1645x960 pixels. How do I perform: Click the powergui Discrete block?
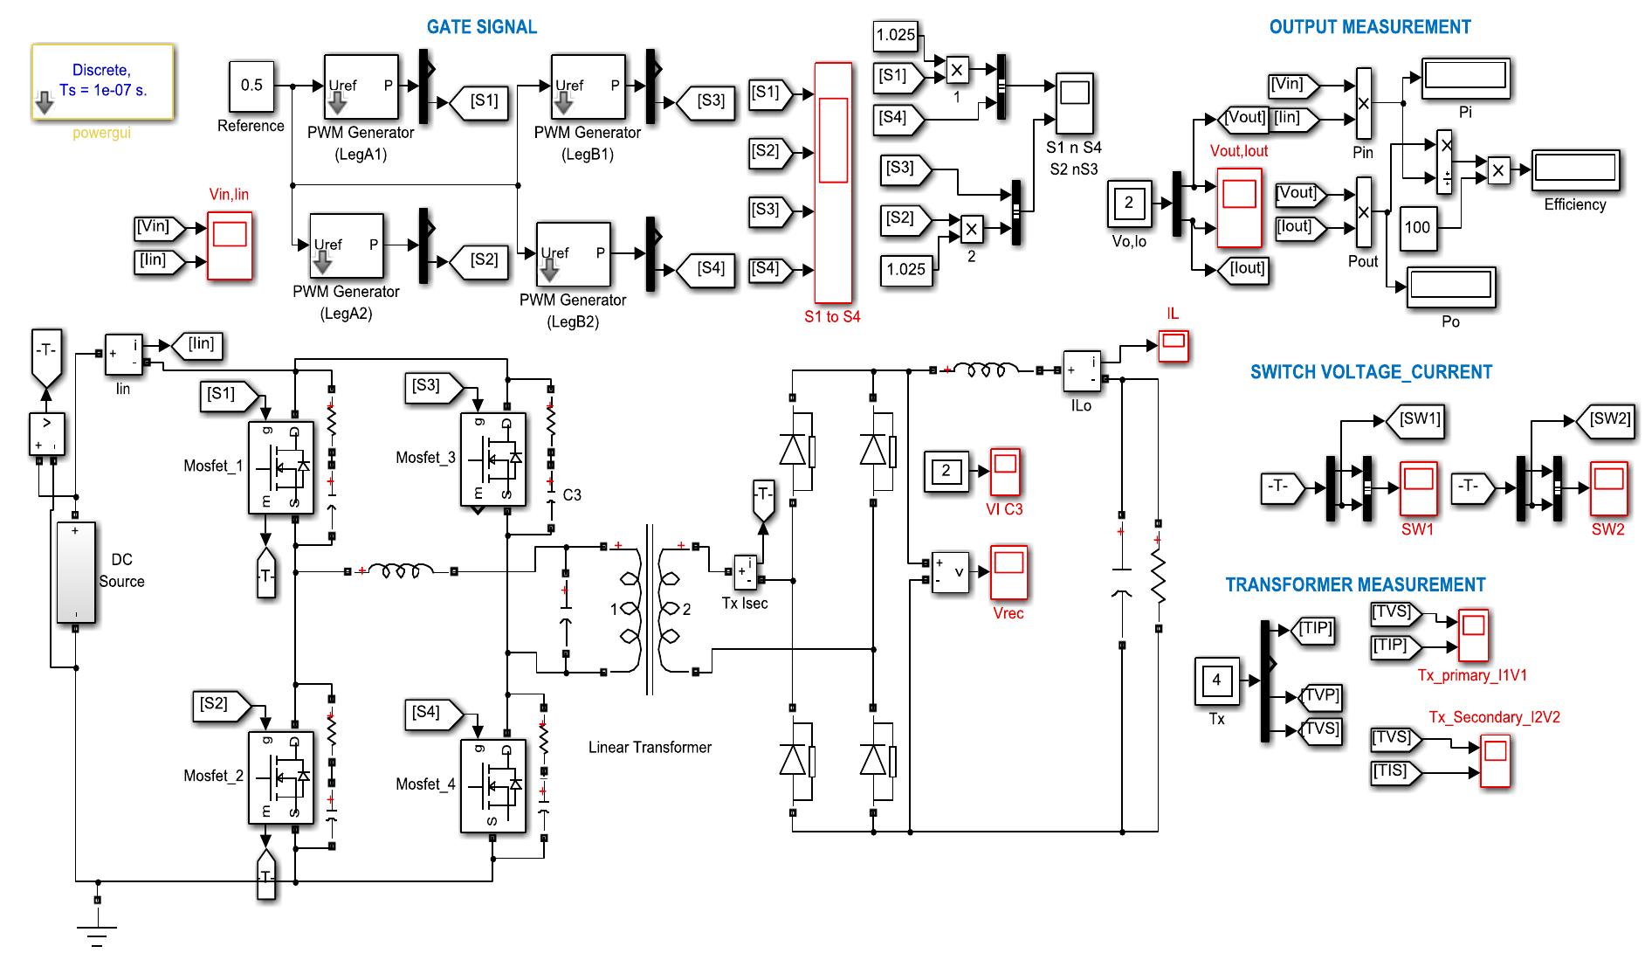102,81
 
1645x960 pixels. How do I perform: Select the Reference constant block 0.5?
251,86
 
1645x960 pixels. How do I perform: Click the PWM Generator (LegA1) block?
361,87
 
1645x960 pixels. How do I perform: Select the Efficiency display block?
1575,170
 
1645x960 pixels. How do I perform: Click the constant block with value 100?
1416,227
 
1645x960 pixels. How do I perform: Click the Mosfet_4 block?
492,785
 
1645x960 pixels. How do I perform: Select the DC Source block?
76,572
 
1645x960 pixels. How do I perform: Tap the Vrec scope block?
1008,572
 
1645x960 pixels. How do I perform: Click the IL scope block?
1173,345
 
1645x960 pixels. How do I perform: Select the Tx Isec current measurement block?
745,573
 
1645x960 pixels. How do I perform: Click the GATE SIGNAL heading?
481,27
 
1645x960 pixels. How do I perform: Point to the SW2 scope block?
1607,487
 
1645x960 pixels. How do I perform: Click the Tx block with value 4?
1216,681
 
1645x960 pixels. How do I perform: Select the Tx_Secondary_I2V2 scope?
1495,762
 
